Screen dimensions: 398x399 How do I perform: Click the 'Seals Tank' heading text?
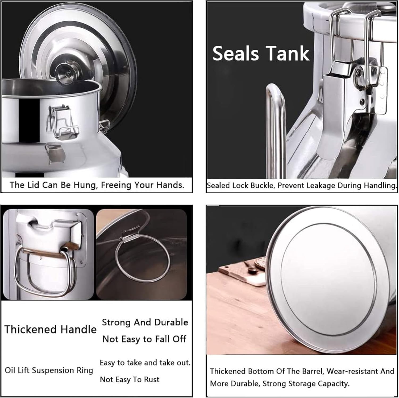click(261, 53)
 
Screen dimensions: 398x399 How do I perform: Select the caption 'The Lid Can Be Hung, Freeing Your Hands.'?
click(97, 185)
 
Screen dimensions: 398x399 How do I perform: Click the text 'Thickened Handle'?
click(51, 329)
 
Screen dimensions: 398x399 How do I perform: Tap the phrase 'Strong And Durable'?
click(145, 322)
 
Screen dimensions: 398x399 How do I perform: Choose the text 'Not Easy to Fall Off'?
click(144, 339)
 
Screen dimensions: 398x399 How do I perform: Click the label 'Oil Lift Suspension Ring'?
click(49, 370)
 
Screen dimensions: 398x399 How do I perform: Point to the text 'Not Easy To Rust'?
click(130, 379)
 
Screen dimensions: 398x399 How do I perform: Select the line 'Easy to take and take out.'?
click(145, 363)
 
